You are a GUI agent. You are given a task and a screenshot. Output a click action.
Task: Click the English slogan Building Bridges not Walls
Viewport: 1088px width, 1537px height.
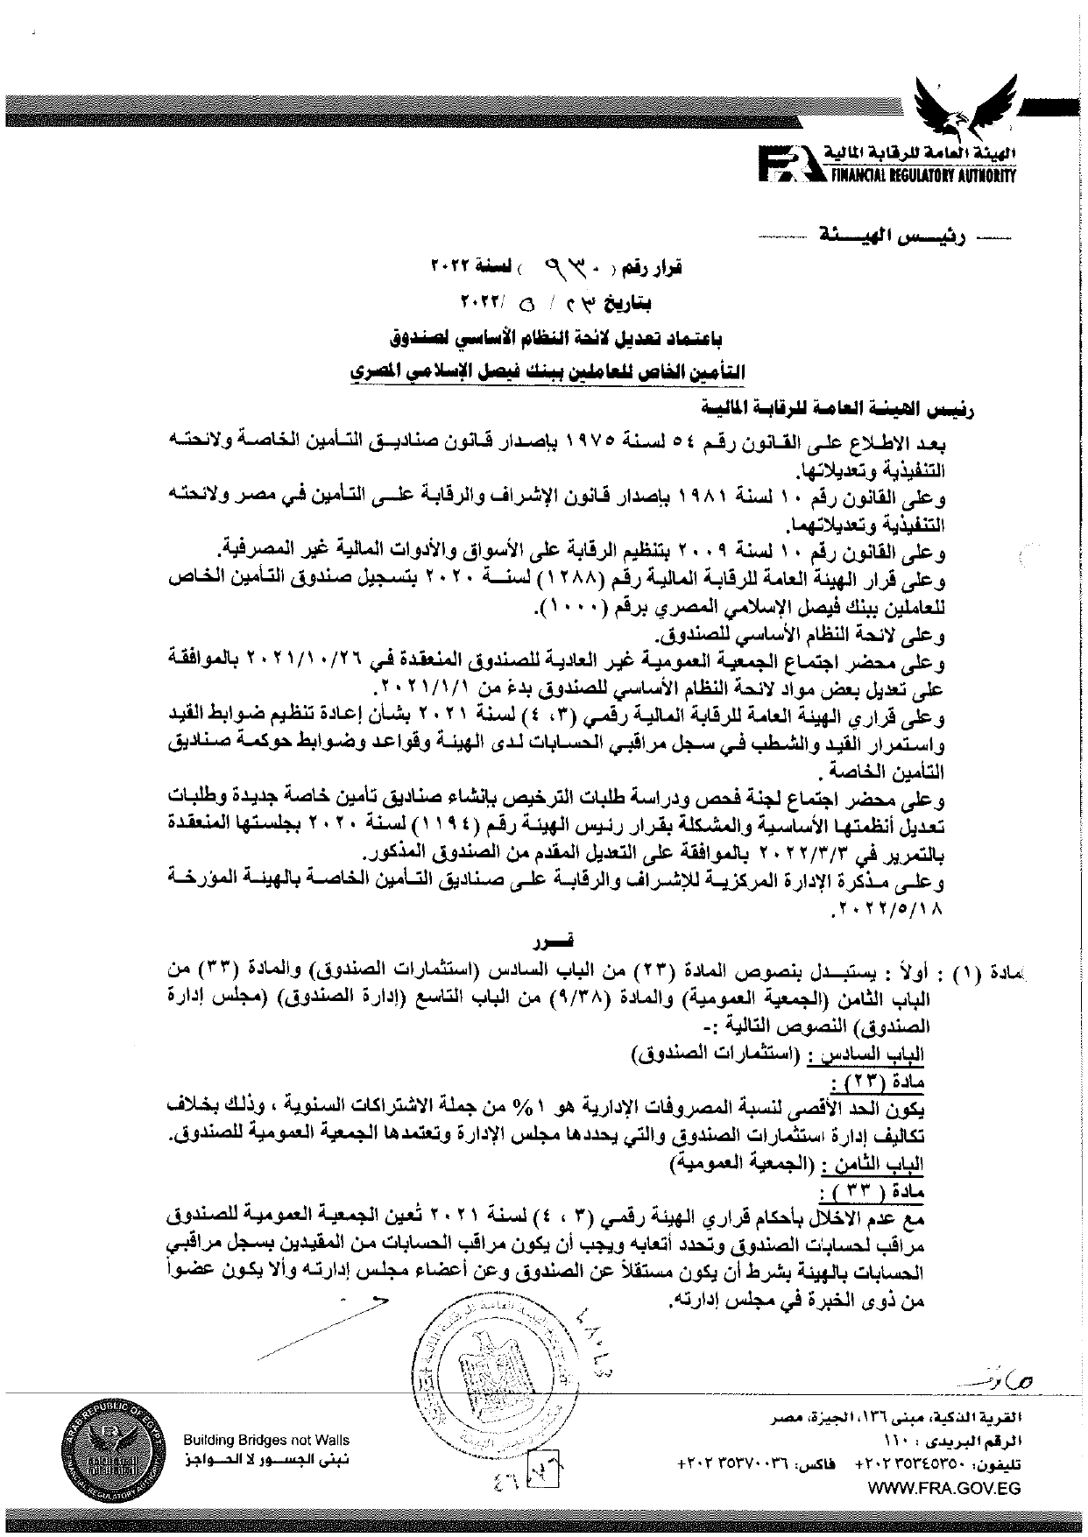(x=266, y=1439)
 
